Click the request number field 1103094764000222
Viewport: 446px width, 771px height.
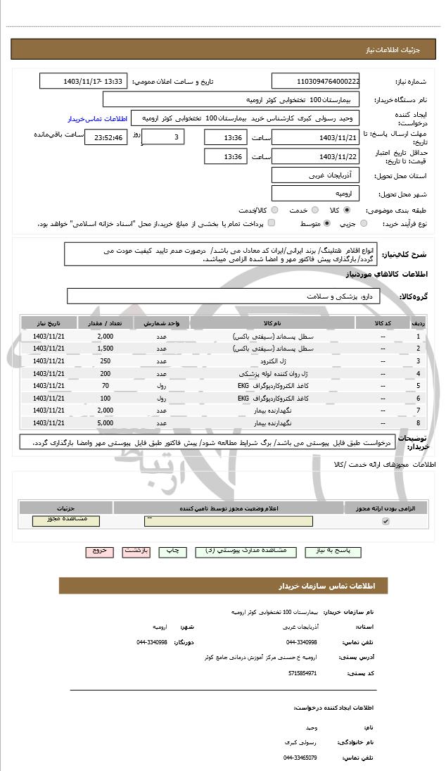coord(315,82)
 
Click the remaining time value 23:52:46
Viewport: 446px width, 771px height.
coord(106,137)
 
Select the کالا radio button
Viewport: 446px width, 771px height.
coord(347,210)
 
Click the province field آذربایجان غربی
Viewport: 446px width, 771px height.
coord(315,174)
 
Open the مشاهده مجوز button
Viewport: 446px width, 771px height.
coord(66,521)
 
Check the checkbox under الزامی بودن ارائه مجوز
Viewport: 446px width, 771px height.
coord(385,521)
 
